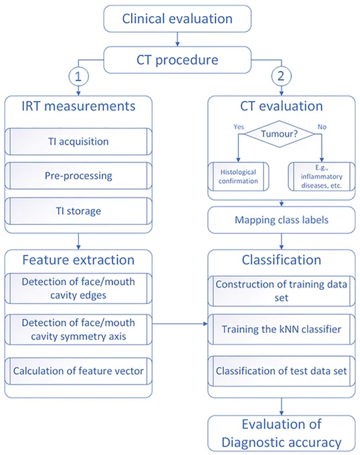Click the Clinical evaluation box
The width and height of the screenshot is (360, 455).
[177, 19]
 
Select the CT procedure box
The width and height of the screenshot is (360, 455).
[177, 60]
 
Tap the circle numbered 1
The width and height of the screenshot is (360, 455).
[78, 76]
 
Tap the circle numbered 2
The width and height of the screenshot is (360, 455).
[281, 76]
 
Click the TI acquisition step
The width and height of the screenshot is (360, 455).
[78, 142]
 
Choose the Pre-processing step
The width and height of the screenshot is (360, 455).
[78, 176]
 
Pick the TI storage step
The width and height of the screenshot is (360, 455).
[78, 211]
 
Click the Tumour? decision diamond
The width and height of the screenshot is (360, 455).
[279, 134]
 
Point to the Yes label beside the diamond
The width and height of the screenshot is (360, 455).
[239, 127]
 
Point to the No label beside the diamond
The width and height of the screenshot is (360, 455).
[322, 127]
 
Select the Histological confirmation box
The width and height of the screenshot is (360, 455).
[238, 177]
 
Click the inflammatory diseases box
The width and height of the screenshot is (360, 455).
[321, 177]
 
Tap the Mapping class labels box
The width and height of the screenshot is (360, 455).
[282, 220]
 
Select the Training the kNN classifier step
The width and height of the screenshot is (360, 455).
[282, 329]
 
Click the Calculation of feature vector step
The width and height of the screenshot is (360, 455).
[78, 371]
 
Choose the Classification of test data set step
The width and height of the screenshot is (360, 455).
[282, 371]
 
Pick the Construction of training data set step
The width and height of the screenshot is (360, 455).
[282, 291]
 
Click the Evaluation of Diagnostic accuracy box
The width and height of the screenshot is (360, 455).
[282, 433]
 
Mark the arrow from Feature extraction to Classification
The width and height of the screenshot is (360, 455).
[180, 324]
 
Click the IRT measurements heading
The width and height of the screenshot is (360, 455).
[78, 106]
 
